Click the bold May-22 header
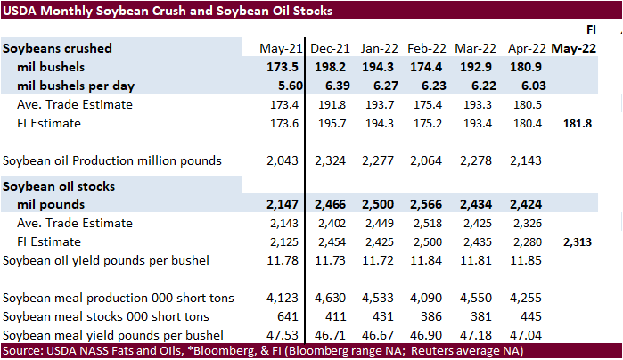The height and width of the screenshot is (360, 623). tap(577, 48)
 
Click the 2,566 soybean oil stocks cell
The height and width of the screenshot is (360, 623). tap(429, 204)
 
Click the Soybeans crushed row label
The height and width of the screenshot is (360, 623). tap(55, 48)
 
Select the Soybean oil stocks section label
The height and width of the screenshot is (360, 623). tap(59, 185)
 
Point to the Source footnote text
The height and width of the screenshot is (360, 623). tap(258, 351)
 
